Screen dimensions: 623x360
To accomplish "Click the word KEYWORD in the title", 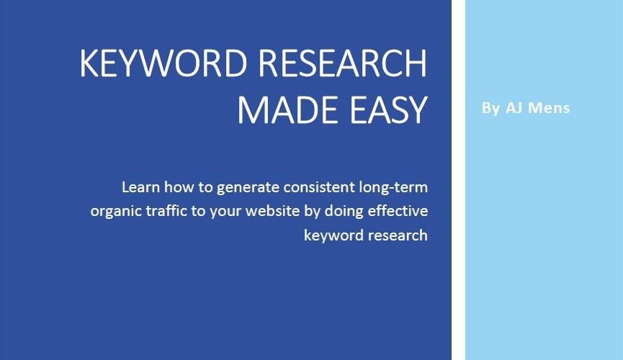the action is pos(163,63).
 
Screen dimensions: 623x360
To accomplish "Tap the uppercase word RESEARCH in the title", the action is pos(343,63).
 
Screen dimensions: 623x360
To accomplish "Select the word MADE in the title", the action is pos(288,110).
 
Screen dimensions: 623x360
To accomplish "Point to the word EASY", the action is pos(389,110).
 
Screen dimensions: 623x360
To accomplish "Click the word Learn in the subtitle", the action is pos(140,186).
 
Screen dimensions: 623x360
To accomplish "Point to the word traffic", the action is pos(166,210).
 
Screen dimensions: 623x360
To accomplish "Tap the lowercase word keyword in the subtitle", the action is pos(333,235).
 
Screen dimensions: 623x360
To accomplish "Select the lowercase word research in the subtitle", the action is pos(397,235).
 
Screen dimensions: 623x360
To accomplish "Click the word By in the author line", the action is pos(490,109).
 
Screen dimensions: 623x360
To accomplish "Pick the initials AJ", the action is pos(514,108).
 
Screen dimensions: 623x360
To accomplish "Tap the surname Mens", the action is pos(549,108).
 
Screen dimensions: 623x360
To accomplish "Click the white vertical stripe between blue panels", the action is pos(458,180).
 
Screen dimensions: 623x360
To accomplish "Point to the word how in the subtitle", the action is pos(179,186).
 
